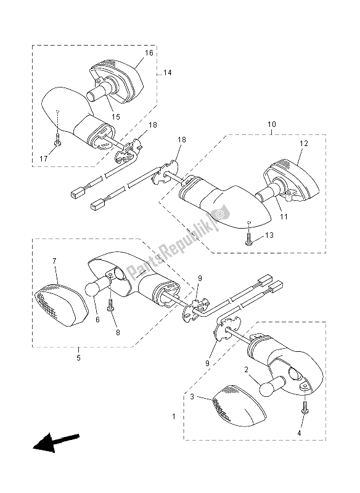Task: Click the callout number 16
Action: [x=149, y=54]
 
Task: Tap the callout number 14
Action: [x=167, y=73]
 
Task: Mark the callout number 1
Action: [x=173, y=417]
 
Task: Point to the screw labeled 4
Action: [x=304, y=407]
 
